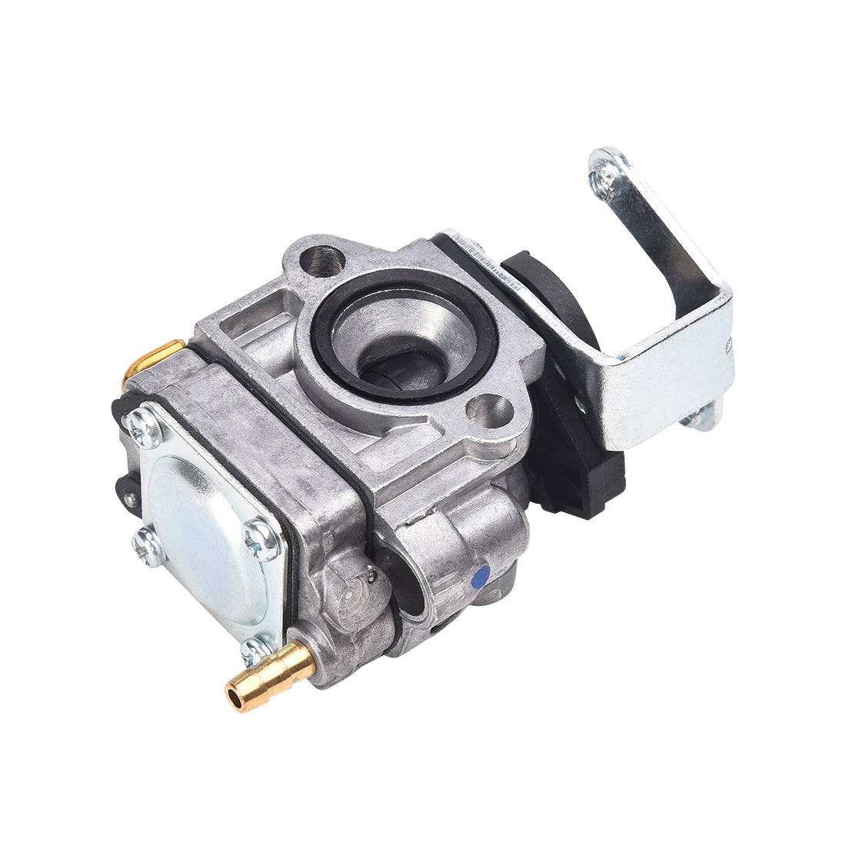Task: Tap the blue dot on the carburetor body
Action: click(481, 576)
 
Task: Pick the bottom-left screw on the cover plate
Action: click(148, 548)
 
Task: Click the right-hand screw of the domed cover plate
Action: click(261, 538)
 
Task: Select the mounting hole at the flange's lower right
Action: click(490, 409)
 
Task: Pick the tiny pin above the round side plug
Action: click(372, 572)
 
